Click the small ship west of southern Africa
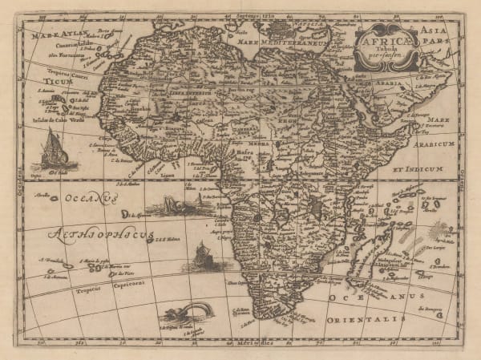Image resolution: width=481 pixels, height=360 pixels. (x=199, y=257)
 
